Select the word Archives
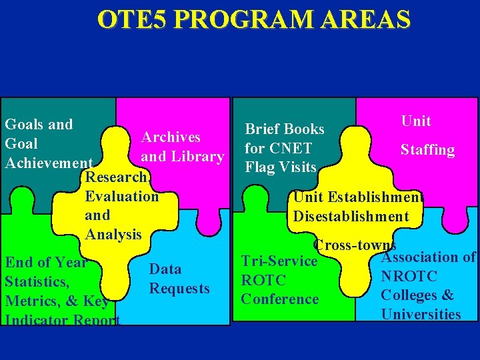[x=171, y=137]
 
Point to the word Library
[x=197, y=157]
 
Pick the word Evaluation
[x=122, y=196]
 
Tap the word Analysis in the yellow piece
[x=113, y=235]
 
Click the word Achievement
[x=48, y=163]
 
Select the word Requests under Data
[x=179, y=289]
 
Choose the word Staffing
[x=427, y=150]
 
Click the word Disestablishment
[x=351, y=216]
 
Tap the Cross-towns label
[x=355, y=245]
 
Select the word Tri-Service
[x=279, y=261]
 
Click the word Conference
[x=280, y=299]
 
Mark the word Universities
[x=421, y=314]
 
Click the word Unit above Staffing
[x=416, y=121]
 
